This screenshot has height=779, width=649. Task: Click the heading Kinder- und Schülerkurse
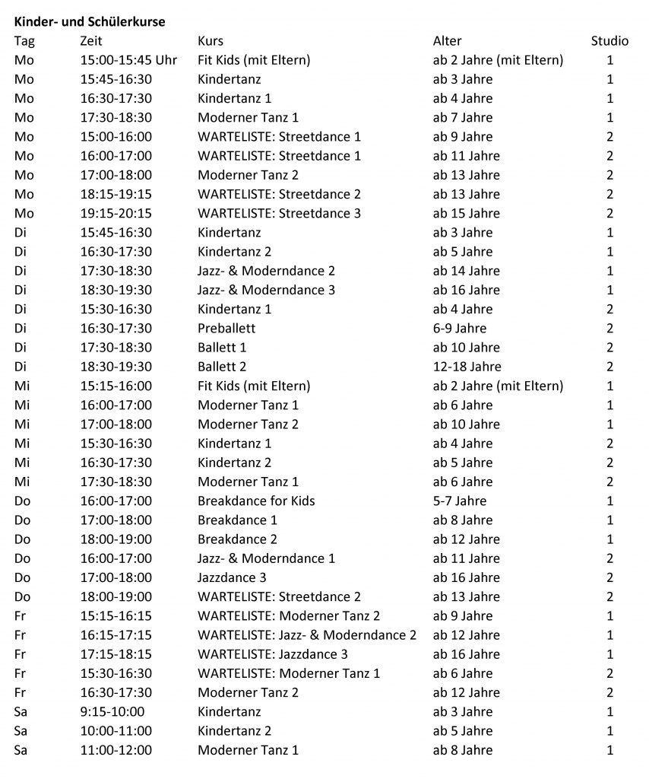(90, 22)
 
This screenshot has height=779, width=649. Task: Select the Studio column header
(609, 41)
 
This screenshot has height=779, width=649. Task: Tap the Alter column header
(447, 41)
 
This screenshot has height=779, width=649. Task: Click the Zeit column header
(90, 41)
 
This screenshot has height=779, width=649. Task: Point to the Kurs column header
(211, 41)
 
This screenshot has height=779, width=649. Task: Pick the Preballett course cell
(226, 329)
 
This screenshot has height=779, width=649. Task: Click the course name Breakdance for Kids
(256, 501)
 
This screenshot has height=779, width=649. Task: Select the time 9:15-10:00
(112, 711)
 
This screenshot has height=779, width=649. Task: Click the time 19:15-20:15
(116, 214)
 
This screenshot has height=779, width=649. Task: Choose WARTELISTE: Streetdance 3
(279, 214)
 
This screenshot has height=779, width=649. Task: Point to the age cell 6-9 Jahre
(460, 329)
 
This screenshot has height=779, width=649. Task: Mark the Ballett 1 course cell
(222, 348)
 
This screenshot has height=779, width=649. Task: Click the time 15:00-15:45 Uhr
(128, 60)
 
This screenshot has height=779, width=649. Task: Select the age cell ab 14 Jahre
(467, 271)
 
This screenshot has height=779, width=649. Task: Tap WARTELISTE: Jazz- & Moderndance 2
(307, 635)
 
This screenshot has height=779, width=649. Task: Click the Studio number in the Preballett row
(609, 329)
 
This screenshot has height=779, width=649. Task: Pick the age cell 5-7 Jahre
(460, 501)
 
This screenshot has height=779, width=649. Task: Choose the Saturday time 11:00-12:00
(116, 750)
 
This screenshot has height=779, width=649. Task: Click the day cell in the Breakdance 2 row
(24, 539)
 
